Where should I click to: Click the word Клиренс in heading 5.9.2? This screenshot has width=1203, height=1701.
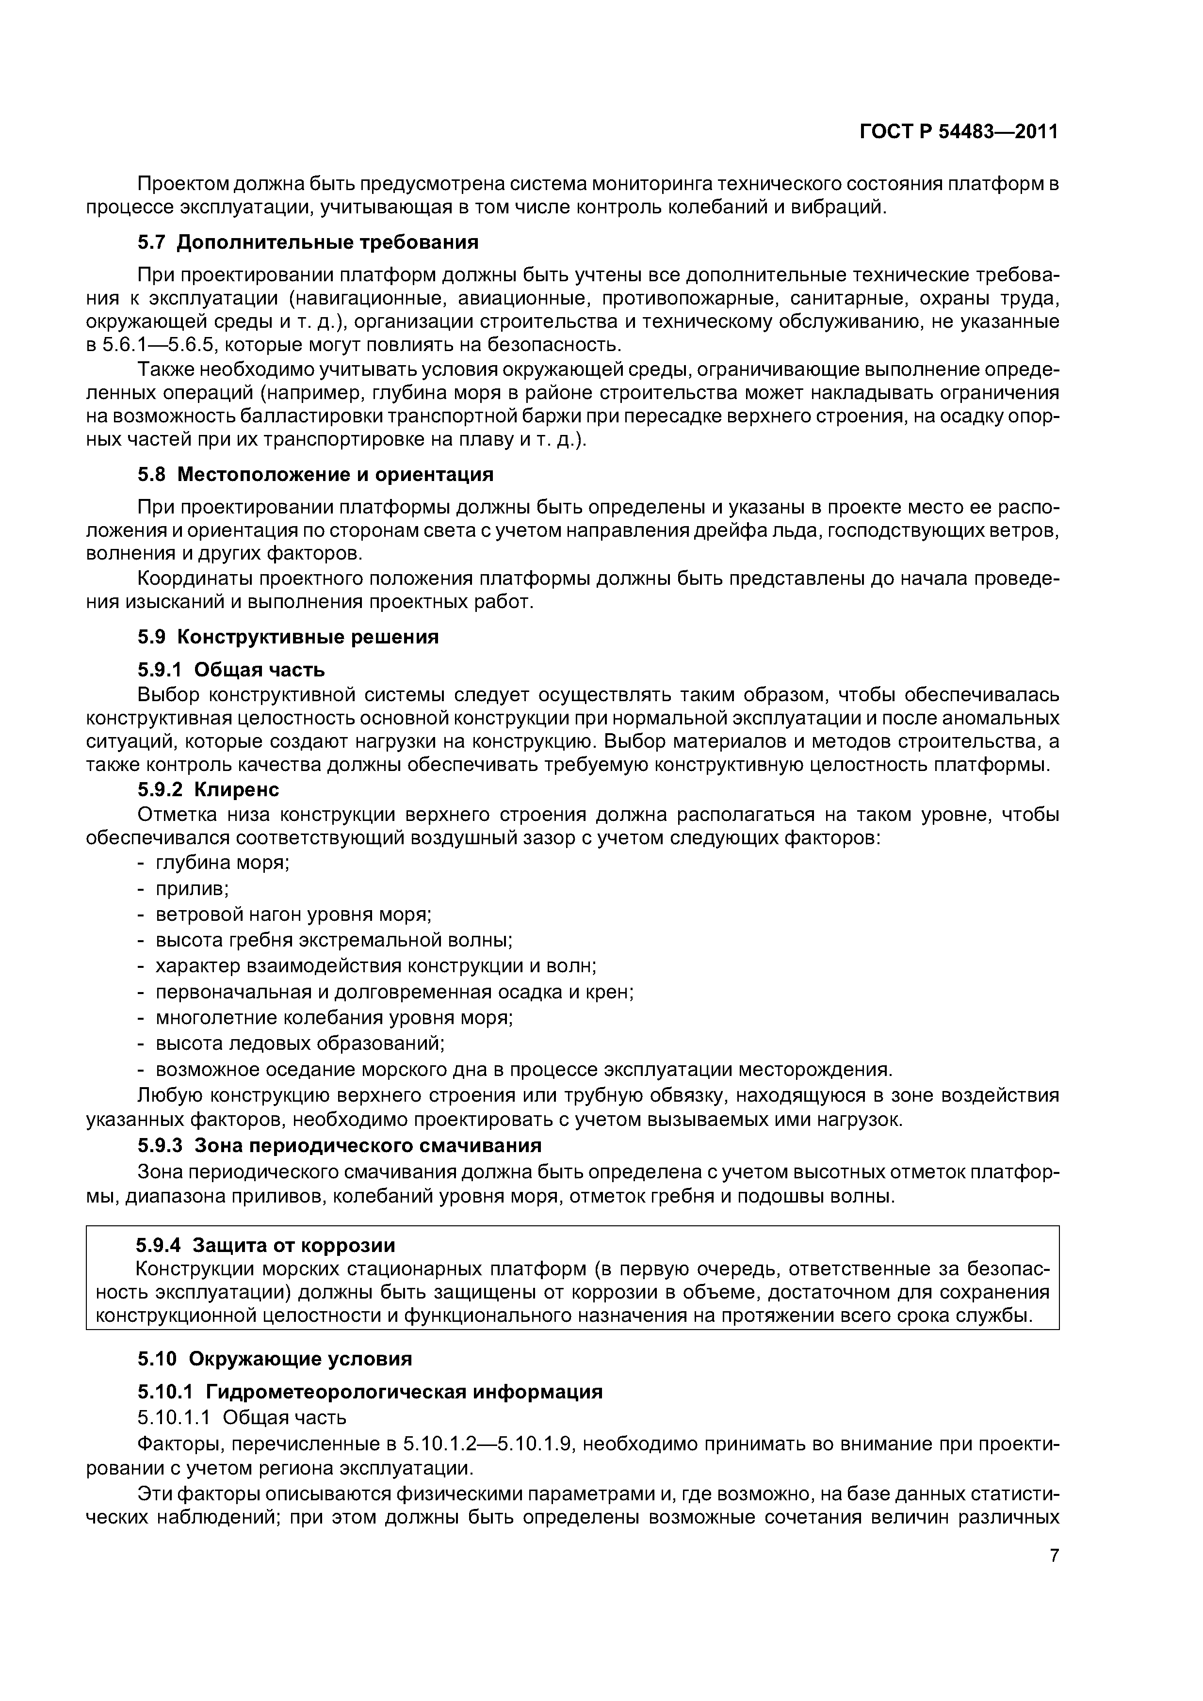pos(236,790)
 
